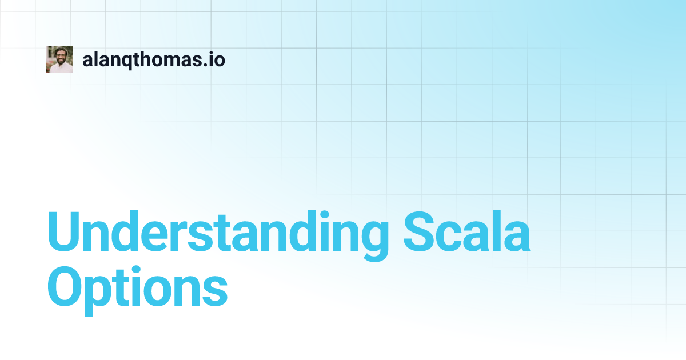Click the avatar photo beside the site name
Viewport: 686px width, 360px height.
click(x=59, y=59)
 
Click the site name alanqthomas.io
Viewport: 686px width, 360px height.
click(x=154, y=59)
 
